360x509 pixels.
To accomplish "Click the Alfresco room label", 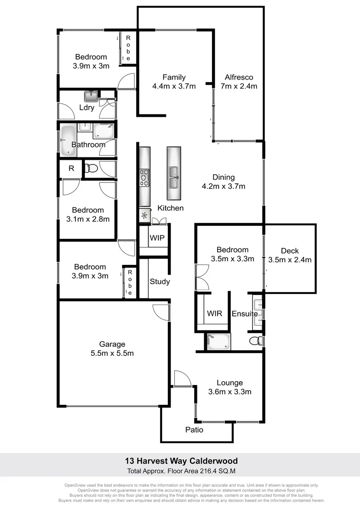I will pyautogui.click(x=239, y=77).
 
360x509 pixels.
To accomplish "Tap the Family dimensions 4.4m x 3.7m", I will pyautogui.click(x=174, y=86).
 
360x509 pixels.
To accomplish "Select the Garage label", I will pyautogui.click(x=112, y=344).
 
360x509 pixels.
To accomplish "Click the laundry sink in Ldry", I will pyautogui.click(x=91, y=96).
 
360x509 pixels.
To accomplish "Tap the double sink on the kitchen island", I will pyautogui.click(x=173, y=177).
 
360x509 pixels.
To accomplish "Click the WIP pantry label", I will pyautogui.click(x=157, y=238).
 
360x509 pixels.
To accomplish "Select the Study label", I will pyautogui.click(x=160, y=282).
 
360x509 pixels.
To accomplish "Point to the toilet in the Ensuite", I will pyautogui.click(x=255, y=340).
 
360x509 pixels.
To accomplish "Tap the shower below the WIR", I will pyautogui.click(x=218, y=341).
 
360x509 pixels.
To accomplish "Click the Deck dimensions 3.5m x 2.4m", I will pyautogui.click(x=289, y=260).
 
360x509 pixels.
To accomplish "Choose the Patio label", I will pyautogui.click(x=194, y=430).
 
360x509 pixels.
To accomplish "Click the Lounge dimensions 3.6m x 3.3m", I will pyautogui.click(x=229, y=392).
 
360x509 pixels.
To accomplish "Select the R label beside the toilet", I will pyautogui.click(x=71, y=168).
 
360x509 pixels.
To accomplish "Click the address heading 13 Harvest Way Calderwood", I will pyautogui.click(x=181, y=461).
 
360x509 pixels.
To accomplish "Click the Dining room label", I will pyautogui.click(x=223, y=177).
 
